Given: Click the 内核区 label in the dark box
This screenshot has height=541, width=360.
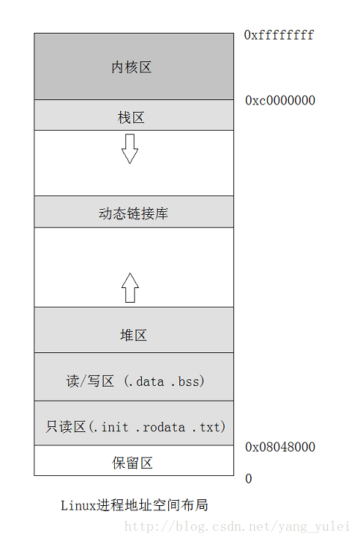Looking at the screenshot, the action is (x=132, y=67).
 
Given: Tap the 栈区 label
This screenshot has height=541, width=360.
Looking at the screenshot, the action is (x=131, y=118).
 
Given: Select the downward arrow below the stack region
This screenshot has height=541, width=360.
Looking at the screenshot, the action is (x=130, y=148).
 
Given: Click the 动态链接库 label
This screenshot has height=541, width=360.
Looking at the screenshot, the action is (x=133, y=213).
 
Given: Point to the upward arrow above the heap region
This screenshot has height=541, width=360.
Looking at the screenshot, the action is (x=130, y=288).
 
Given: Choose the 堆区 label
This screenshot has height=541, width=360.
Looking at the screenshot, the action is (x=133, y=335).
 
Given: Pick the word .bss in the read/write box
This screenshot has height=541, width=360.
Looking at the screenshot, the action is (x=186, y=382).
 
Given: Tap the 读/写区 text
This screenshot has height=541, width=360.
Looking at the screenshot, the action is (x=90, y=381).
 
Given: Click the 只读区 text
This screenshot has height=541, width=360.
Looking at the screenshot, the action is (x=66, y=427).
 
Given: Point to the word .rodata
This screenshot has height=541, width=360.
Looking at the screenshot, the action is (x=161, y=428).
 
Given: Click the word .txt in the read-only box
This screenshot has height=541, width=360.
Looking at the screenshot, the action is (x=206, y=428).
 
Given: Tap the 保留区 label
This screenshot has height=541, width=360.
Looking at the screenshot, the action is (x=132, y=463).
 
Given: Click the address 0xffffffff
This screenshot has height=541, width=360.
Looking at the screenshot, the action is (x=279, y=35).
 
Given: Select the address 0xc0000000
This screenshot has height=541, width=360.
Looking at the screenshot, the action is (x=280, y=100).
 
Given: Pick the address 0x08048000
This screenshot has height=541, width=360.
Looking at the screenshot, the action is (x=280, y=447).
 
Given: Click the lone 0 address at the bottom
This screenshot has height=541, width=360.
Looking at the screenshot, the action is (x=249, y=479).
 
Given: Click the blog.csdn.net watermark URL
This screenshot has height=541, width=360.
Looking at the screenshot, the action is (x=237, y=526).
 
